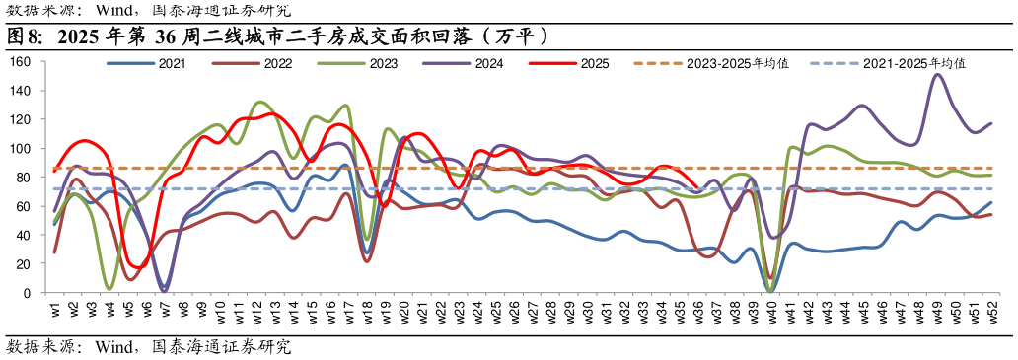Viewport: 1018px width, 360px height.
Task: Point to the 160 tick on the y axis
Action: click(21, 62)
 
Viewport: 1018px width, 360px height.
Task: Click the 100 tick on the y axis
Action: click(21, 149)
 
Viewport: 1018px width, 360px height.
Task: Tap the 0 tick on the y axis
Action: click(28, 293)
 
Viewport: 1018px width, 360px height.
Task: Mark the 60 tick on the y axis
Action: click(24, 206)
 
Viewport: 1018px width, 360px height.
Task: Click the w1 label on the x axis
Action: click(55, 311)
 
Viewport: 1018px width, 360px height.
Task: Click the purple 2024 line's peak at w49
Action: click(936, 75)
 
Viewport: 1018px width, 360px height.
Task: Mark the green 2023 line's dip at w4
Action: click(109, 288)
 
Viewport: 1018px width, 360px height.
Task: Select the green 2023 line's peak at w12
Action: click(258, 102)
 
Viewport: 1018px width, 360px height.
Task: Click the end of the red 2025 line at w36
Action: click(697, 187)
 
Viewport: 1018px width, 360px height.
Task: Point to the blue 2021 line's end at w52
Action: click(991, 203)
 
